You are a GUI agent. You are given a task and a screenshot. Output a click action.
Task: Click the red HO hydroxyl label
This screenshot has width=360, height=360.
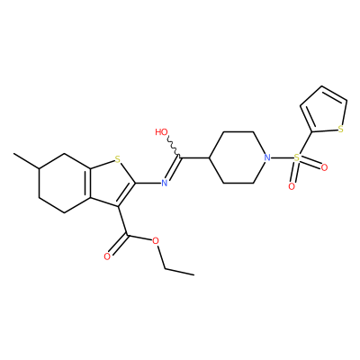tap(162, 132)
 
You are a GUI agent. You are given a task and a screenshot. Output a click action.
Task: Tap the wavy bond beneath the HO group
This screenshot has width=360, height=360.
tap(175, 147)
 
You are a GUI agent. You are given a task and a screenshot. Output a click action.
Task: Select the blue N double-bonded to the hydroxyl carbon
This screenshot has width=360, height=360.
tap(164, 183)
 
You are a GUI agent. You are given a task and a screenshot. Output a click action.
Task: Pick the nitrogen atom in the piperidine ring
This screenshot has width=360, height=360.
tap(267, 157)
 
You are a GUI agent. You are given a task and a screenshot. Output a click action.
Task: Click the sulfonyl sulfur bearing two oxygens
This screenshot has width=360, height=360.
tap(296, 157)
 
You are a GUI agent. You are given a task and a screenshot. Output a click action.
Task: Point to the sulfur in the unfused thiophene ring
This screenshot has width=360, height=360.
tap(340, 130)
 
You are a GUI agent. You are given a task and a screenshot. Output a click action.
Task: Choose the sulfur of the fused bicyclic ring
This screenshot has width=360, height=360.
tap(118, 159)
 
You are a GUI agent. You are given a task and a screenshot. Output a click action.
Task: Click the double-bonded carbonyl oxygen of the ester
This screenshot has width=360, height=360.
tap(107, 256)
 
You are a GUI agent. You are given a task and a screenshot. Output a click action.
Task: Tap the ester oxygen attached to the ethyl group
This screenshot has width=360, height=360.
tap(155, 240)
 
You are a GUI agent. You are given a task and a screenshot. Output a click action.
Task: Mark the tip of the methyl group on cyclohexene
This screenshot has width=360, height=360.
tap(13, 154)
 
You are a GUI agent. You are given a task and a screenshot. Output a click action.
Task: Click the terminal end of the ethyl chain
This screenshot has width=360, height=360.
tap(193, 274)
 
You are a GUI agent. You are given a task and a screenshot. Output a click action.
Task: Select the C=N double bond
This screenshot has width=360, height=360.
tap(174, 168)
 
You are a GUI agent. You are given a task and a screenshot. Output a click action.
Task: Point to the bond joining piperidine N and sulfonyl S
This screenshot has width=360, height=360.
tap(282, 157)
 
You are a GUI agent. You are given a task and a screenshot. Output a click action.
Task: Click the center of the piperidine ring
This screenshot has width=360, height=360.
tap(238, 157)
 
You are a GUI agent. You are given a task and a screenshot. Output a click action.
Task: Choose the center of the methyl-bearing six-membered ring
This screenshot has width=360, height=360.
tap(65, 184)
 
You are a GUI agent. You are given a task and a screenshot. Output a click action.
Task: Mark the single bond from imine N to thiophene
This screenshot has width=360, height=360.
tap(148, 183)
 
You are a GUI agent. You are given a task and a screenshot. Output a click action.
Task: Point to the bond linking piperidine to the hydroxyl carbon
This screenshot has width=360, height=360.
tap(194, 157)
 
